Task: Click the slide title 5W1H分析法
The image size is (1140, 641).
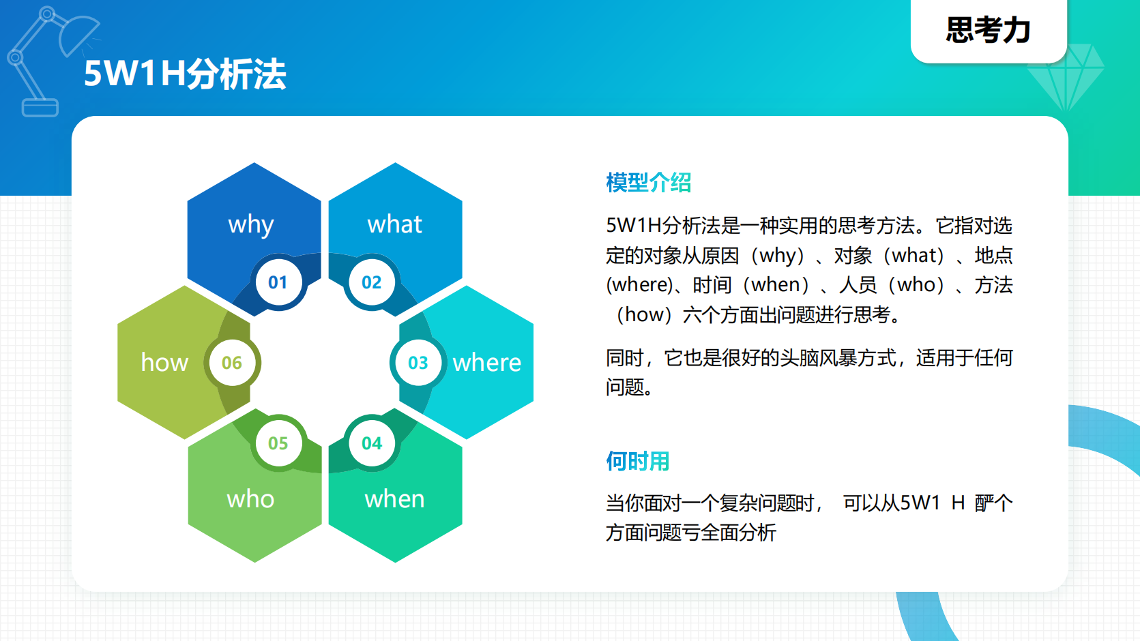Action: coord(184,74)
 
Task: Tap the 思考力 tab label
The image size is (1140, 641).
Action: coord(988,30)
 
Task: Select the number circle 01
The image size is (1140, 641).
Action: coord(278,282)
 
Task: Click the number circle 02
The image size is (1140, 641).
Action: coord(371,282)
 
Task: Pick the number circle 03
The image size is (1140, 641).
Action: coord(418,363)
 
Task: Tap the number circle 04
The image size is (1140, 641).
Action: coord(371,443)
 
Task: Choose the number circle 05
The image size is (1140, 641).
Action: coord(278,443)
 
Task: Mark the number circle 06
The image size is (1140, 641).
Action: coord(231,363)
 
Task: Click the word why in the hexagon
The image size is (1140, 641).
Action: coord(250,224)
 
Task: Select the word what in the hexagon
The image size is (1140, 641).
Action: coord(394,224)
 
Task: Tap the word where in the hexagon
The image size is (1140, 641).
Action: coord(486,363)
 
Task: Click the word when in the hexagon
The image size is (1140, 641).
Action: coord(394,499)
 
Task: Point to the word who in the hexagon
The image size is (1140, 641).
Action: coord(250,499)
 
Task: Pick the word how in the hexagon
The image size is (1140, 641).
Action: coord(164,363)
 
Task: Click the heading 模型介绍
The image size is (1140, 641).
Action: coord(648,183)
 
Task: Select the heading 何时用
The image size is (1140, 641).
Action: coord(637,462)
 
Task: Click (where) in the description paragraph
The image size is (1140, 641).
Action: coord(639,285)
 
